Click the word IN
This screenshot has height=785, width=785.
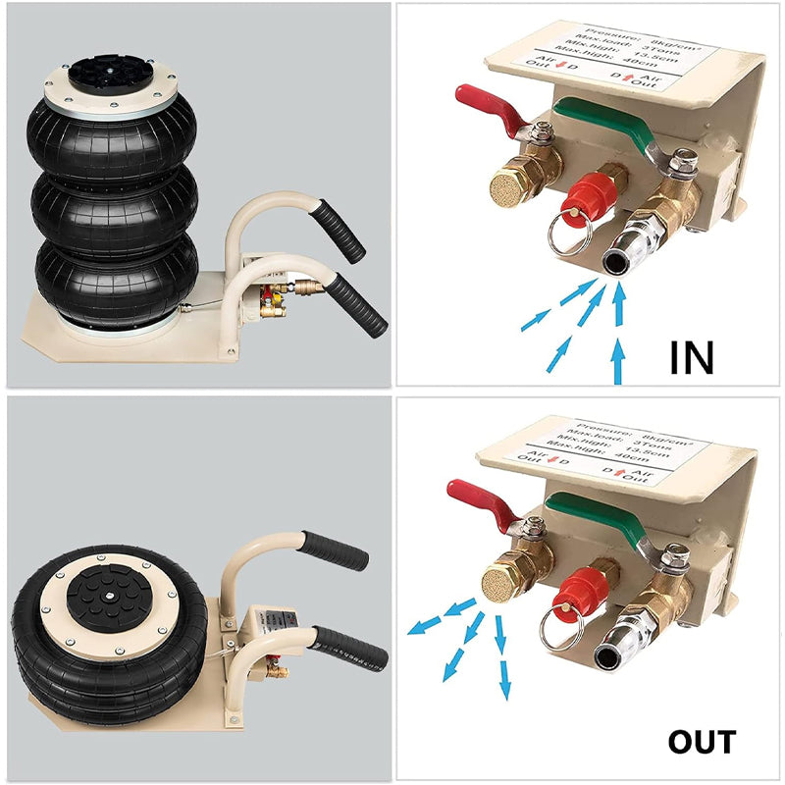[692, 357]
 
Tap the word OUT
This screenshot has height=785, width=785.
[702, 742]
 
